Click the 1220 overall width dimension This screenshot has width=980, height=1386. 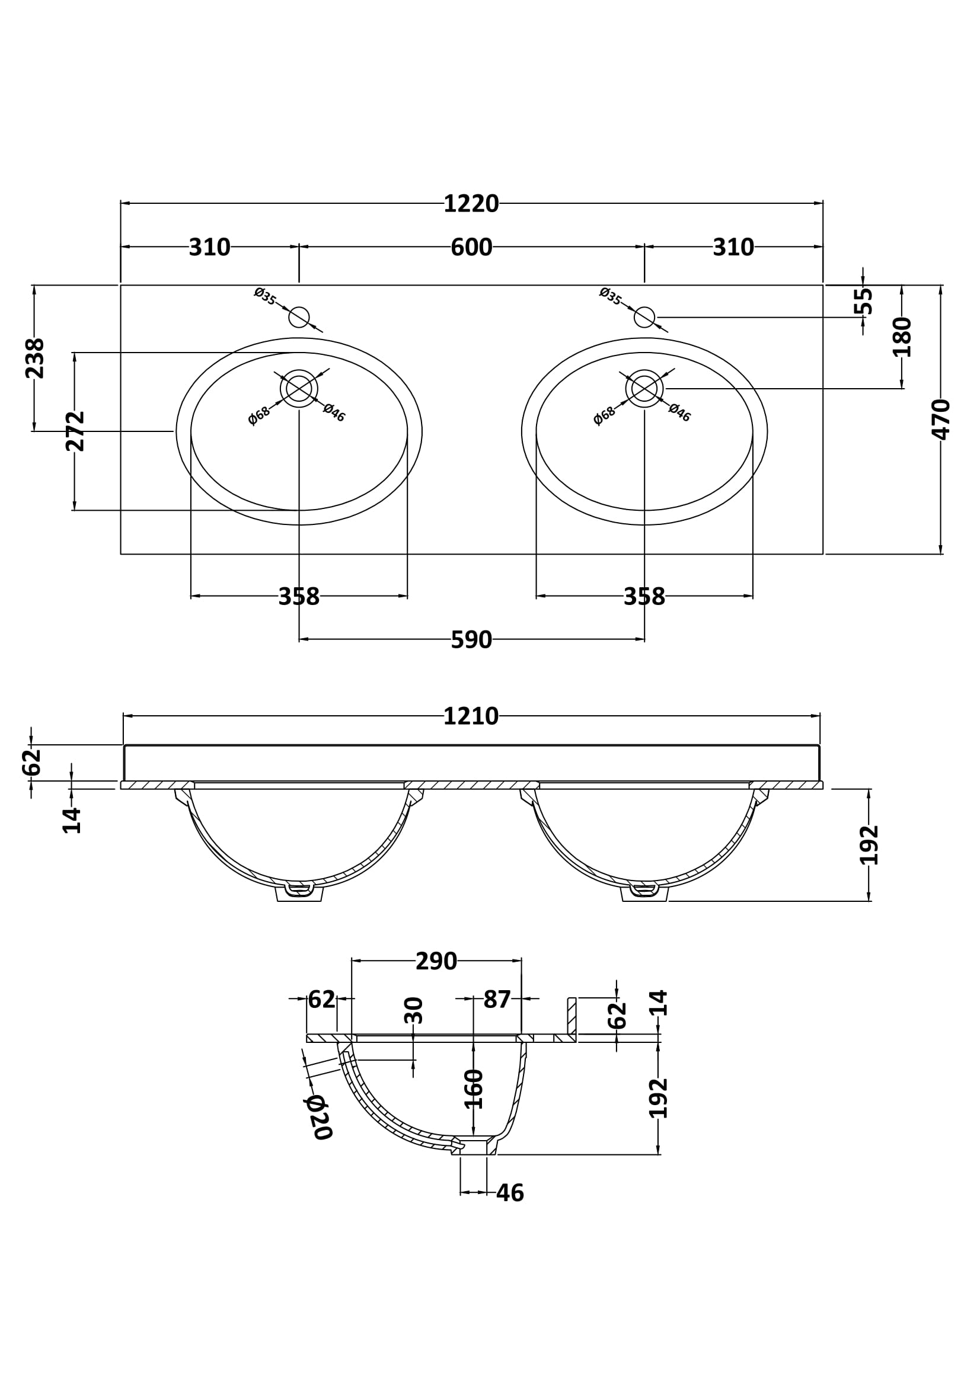pyautogui.click(x=471, y=204)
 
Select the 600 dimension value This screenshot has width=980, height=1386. pyautogui.click(x=471, y=248)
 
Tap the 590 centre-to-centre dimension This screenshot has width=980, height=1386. pyautogui.click(x=471, y=640)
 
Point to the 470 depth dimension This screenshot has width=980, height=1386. pyautogui.click(x=941, y=419)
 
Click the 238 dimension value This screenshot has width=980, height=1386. pyautogui.click(x=34, y=358)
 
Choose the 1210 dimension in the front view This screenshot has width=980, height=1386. pyautogui.click(x=471, y=716)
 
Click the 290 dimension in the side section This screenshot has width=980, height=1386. pyautogui.click(x=436, y=961)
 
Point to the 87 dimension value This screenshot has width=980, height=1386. pyautogui.click(x=497, y=1000)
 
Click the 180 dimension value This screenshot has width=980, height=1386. pyautogui.click(x=902, y=337)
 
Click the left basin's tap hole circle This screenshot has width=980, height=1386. pyautogui.click(x=299, y=317)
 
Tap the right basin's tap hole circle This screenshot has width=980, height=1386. pyautogui.click(x=644, y=317)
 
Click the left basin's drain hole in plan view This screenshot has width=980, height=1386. pyautogui.click(x=299, y=388)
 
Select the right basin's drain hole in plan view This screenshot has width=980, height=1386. pyautogui.click(x=644, y=388)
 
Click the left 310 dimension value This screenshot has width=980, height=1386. pyautogui.click(x=209, y=248)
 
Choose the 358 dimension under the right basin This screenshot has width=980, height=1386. pyautogui.click(x=644, y=597)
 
